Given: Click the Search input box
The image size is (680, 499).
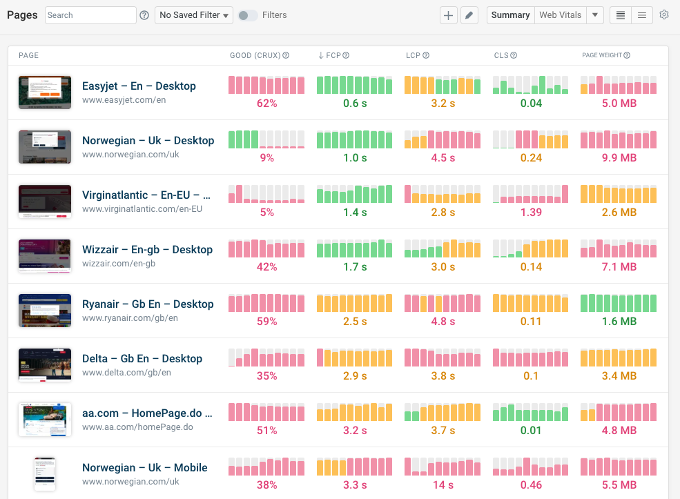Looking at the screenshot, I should (x=90, y=15).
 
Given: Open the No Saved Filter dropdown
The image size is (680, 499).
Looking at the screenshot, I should (x=194, y=15).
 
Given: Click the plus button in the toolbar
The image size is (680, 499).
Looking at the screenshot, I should (x=449, y=15).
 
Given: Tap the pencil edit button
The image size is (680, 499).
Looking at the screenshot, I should (x=469, y=15).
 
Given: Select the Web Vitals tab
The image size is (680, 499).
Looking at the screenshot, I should (x=560, y=15).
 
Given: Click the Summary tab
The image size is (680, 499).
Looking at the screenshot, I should (x=510, y=15).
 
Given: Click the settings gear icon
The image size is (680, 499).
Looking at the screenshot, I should (x=664, y=14).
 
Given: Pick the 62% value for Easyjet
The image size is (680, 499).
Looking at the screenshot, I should (x=266, y=104).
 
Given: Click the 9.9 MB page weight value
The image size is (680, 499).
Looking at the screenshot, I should (x=619, y=158).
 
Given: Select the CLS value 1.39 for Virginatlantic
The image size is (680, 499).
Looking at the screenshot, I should (x=531, y=213).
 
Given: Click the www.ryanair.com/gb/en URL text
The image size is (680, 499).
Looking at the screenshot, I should (x=130, y=318).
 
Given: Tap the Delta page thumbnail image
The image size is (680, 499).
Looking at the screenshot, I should (x=45, y=364).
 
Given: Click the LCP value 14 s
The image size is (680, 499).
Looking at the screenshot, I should (x=443, y=485).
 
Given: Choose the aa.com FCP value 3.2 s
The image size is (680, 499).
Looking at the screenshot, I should (x=355, y=431).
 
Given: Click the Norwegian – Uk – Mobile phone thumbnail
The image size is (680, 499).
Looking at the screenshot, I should (x=45, y=473).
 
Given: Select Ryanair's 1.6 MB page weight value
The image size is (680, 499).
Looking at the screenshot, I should (x=619, y=322).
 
